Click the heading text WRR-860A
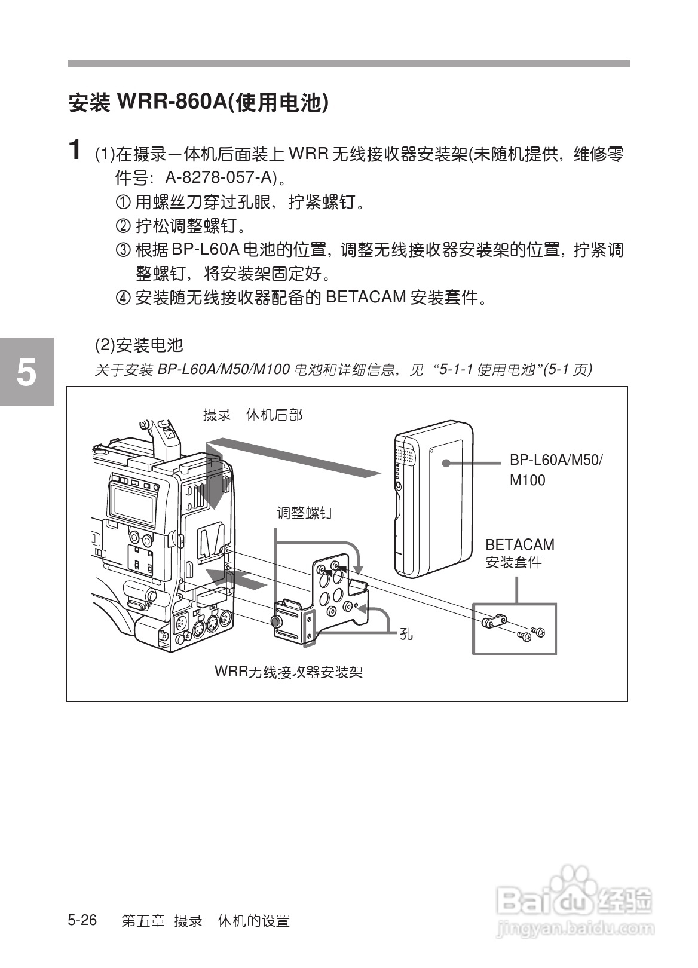[172, 102]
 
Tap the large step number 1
[75, 149]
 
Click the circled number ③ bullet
[122, 250]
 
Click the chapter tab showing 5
[26, 372]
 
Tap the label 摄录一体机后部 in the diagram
[253, 414]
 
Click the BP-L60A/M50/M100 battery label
[556, 470]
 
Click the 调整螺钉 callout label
[304, 513]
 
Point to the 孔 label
[406, 634]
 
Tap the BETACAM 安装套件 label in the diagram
[519, 553]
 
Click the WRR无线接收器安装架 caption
[289, 672]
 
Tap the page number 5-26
[82, 920]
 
